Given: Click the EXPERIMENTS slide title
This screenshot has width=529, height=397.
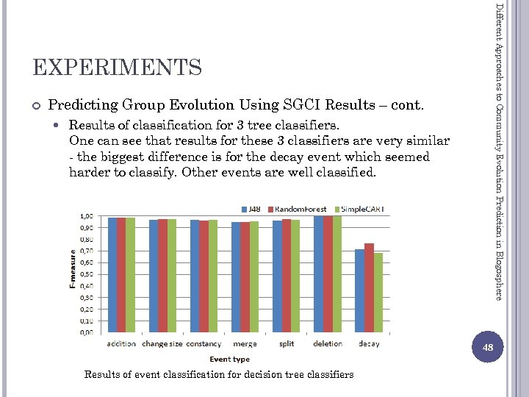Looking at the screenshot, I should pyautogui.click(x=118, y=68).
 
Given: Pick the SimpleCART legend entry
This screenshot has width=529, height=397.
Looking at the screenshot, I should pyautogui.click(x=360, y=209).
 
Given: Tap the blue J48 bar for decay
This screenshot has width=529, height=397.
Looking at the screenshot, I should pyautogui.click(x=359, y=291).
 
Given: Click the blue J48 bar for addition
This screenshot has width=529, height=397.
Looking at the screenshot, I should pyautogui.click(x=112, y=275).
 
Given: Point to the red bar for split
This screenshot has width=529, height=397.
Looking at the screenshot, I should pyautogui.click(x=287, y=276).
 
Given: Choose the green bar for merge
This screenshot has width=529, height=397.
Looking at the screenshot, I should pyautogui.click(x=254, y=276).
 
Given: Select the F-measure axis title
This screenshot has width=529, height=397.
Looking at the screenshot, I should pyautogui.click(x=73, y=273).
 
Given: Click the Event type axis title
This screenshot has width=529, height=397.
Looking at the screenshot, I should pyautogui.click(x=229, y=359).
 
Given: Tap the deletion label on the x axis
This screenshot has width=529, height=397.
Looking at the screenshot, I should pyautogui.click(x=328, y=344).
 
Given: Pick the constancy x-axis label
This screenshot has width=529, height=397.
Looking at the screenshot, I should pyautogui.click(x=204, y=344).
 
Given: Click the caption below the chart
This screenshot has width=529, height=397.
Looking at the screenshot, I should pyautogui.click(x=219, y=374).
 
